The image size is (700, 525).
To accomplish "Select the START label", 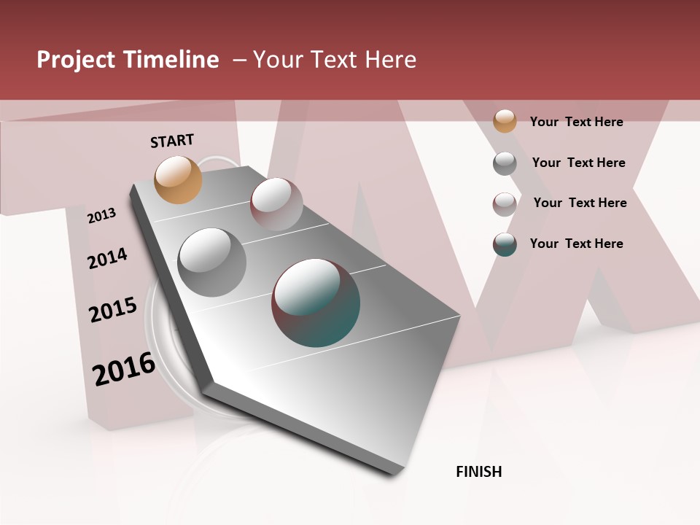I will tap(172, 141).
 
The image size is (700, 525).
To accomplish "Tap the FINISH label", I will tap(478, 472).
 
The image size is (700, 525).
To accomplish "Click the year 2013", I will tap(101, 215).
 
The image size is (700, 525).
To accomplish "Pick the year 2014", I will tap(107, 258).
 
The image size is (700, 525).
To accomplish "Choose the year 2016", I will tap(124, 368).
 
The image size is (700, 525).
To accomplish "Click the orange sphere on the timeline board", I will tap(179, 179).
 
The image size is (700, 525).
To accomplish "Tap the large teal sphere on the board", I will tap(316, 303).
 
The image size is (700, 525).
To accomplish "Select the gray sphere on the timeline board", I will tap(212, 262).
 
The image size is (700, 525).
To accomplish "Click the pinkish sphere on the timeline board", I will tap(276, 203).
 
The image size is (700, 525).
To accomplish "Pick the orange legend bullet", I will tap(505, 121).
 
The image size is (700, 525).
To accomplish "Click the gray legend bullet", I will tap(505, 163).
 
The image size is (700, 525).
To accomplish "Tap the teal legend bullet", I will tap(505, 244).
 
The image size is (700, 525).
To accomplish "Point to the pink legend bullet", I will tap(505, 204).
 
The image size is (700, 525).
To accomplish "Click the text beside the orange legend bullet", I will tap(576, 122).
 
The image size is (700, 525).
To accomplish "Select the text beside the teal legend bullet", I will tap(576, 244).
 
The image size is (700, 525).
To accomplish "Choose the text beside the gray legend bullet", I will tap(578, 163).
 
